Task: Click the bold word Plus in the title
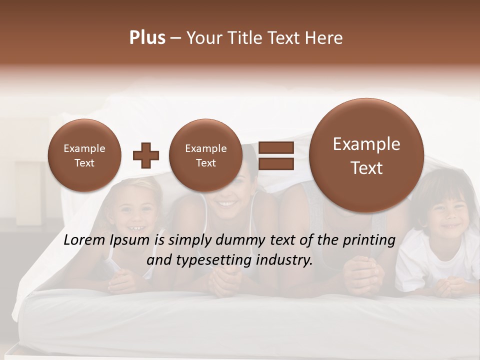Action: click(x=147, y=38)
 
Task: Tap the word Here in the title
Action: click(x=324, y=38)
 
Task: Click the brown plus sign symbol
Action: click(x=146, y=155)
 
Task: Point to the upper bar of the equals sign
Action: click(x=275, y=147)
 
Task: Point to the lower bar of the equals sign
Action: click(x=275, y=163)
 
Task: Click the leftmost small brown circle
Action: click(x=84, y=155)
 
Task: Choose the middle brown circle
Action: click(x=205, y=155)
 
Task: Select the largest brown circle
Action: click(x=366, y=155)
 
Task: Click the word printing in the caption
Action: click(x=368, y=240)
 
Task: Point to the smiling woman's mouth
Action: click(x=227, y=204)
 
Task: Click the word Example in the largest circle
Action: click(x=366, y=144)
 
